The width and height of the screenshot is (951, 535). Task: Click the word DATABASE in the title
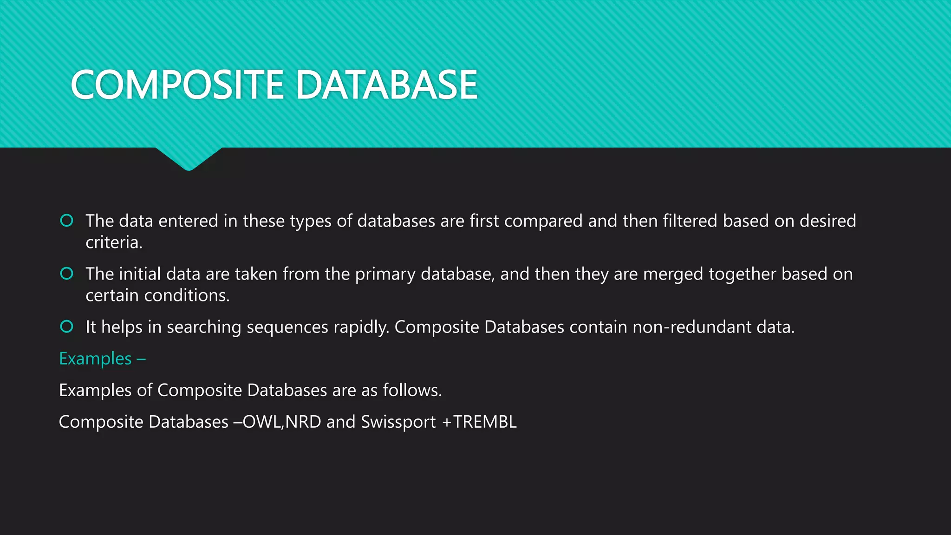[x=386, y=85]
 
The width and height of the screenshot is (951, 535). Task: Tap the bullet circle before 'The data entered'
[x=67, y=221]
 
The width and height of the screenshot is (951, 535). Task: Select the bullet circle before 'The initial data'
[x=67, y=274]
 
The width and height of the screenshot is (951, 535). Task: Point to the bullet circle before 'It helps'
[x=67, y=326]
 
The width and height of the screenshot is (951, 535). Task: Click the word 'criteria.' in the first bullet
[x=114, y=242]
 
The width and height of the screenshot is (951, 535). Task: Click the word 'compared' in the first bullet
[x=543, y=222]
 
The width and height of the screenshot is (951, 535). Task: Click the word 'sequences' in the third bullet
[x=287, y=327]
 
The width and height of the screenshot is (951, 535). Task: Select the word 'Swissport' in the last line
[x=398, y=422]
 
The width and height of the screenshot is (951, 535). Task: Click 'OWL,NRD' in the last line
[x=282, y=422]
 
